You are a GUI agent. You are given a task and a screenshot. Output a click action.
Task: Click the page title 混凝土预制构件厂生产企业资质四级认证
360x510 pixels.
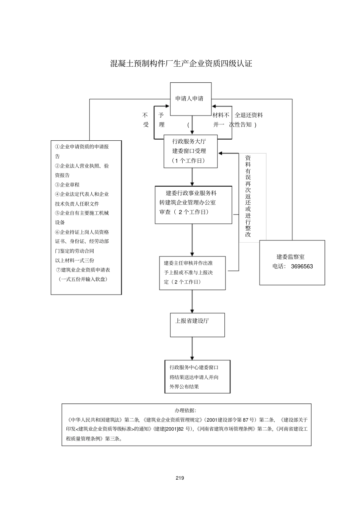click(x=181, y=64)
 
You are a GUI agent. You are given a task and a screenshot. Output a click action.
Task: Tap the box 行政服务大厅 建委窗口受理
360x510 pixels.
click(x=190, y=151)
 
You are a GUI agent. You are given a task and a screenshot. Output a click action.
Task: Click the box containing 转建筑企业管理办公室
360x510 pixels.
click(x=193, y=205)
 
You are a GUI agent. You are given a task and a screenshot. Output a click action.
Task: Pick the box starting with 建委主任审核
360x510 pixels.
click(x=192, y=273)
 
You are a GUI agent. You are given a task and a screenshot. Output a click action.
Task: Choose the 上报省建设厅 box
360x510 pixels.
click(x=197, y=325)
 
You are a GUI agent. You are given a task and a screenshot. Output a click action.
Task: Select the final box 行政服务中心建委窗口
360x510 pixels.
click(x=197, y=377)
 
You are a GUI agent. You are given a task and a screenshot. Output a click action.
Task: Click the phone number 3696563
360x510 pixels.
click(x=302, y=267)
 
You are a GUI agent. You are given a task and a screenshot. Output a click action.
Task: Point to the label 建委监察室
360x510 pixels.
click(x=290, y=257)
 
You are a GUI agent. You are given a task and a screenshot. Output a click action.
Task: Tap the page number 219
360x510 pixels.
click(x=180, y=478)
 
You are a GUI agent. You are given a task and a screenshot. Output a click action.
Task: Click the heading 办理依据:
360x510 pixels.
click(x=185, y=410)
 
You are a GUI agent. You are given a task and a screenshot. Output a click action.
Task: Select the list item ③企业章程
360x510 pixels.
click(x=67, y=185)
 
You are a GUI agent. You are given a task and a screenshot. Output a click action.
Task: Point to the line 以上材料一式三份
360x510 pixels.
click(x=75, y=260)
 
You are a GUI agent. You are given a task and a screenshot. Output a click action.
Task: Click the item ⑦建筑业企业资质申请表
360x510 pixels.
click(x=83, y=270)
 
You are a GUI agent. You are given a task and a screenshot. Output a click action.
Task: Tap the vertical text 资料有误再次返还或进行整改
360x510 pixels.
click(x=248, y=196)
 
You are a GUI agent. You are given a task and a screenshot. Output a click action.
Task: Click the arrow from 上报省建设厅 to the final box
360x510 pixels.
click(x=192, y=348)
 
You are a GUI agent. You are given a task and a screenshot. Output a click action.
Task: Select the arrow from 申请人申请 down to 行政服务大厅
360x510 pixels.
click(x=192, y=125)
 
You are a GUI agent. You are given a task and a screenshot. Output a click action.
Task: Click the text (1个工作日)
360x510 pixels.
click(x=188, y=161)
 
